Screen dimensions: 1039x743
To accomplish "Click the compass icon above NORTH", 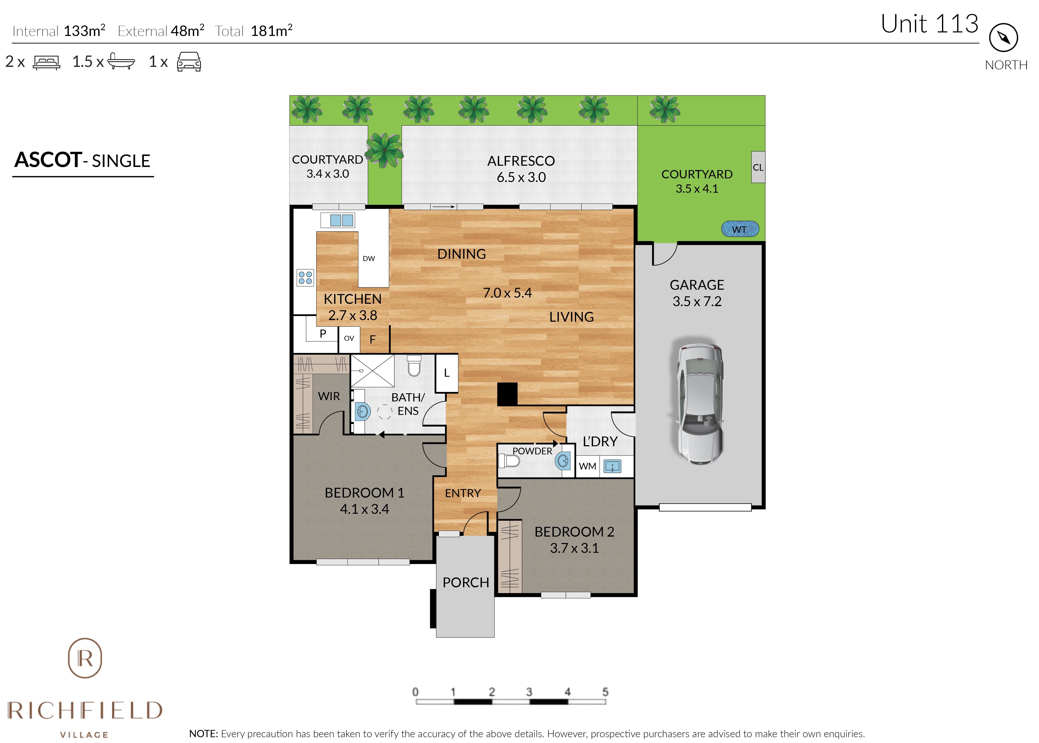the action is pos(1003,38).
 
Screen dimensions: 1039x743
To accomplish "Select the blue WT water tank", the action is pos(740,229).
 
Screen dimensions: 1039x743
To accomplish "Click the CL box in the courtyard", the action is pos(758,167).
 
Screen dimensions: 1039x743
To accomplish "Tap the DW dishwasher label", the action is pos(368,259).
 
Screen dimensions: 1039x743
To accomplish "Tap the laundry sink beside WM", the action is pos(612,466).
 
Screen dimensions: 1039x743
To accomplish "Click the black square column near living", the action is pos(507,394).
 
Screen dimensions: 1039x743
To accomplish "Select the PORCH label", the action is pos(466,582).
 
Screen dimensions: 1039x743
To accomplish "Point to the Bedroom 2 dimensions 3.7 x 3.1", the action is pos(574,548).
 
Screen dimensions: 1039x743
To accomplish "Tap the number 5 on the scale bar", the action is pos(605,692).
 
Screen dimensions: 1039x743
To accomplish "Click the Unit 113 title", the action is pos(930,24).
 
